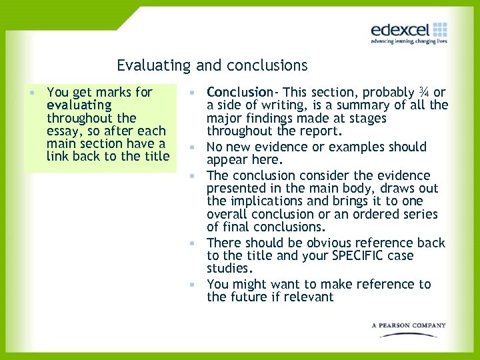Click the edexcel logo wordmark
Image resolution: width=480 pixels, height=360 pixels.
401,30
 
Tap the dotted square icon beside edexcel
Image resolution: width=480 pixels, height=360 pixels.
440,29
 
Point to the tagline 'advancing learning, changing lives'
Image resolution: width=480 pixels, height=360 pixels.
409,41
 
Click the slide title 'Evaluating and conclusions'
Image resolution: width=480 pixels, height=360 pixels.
212,65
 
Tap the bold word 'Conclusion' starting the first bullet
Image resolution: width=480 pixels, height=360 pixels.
239,92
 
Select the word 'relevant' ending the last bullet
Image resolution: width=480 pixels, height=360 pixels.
309,297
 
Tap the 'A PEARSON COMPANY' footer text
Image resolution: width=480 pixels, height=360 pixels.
409,325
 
